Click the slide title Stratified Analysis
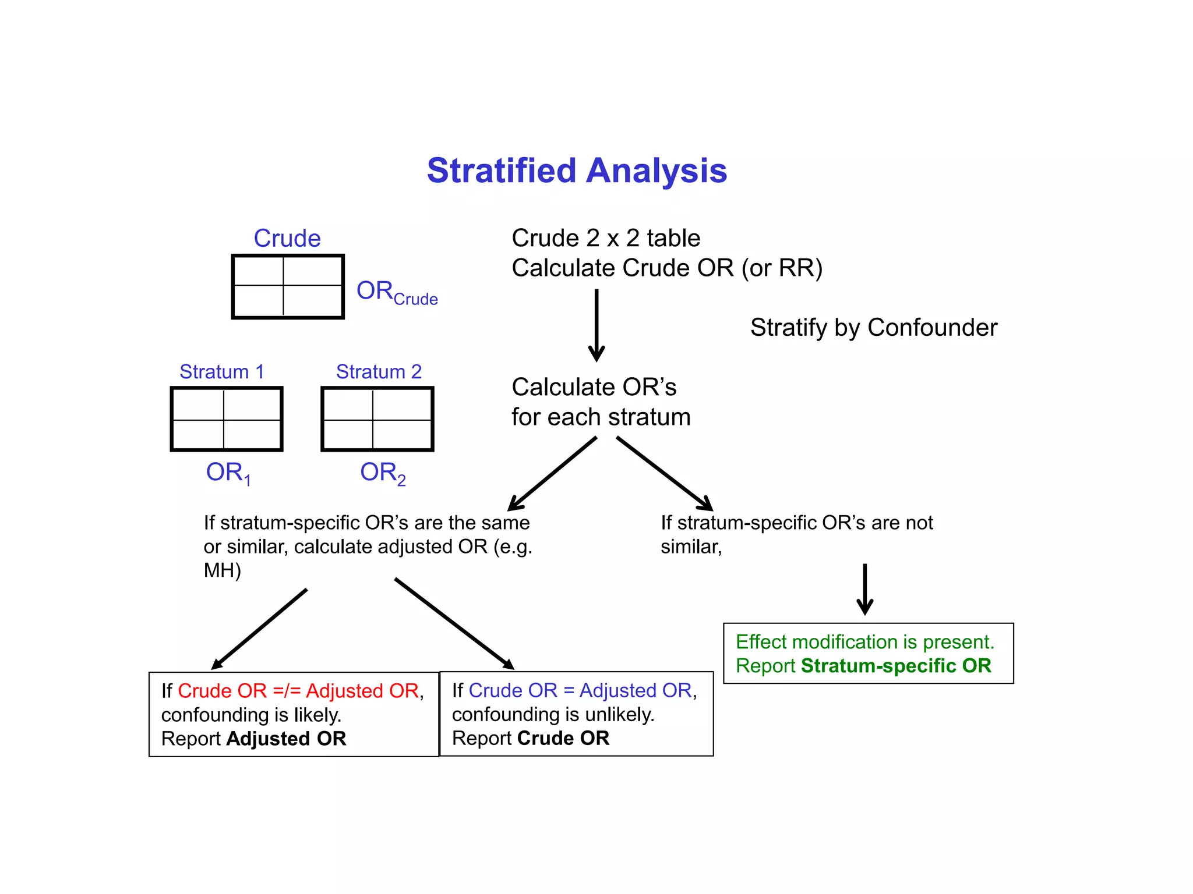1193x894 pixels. pos(577,171)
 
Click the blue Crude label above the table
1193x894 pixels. pos(287,238)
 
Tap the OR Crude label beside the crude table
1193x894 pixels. pos(397,292)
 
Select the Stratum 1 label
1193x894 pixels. pos(222,371)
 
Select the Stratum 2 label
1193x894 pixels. pos(379,371)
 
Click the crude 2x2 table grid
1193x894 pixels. pos(288,286)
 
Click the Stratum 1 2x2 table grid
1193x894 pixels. pos(227,419)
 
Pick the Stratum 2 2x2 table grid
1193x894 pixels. pos(377,419)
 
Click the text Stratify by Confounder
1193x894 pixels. pos(873,328)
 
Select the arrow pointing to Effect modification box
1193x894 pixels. pos(865,589)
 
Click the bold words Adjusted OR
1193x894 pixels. pos(286,739)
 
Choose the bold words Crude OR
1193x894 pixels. pos(563,738)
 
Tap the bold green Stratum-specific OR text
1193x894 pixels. pos(896,666)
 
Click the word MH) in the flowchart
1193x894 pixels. pos(222,570)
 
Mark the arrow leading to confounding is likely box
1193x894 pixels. pos(260,629)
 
